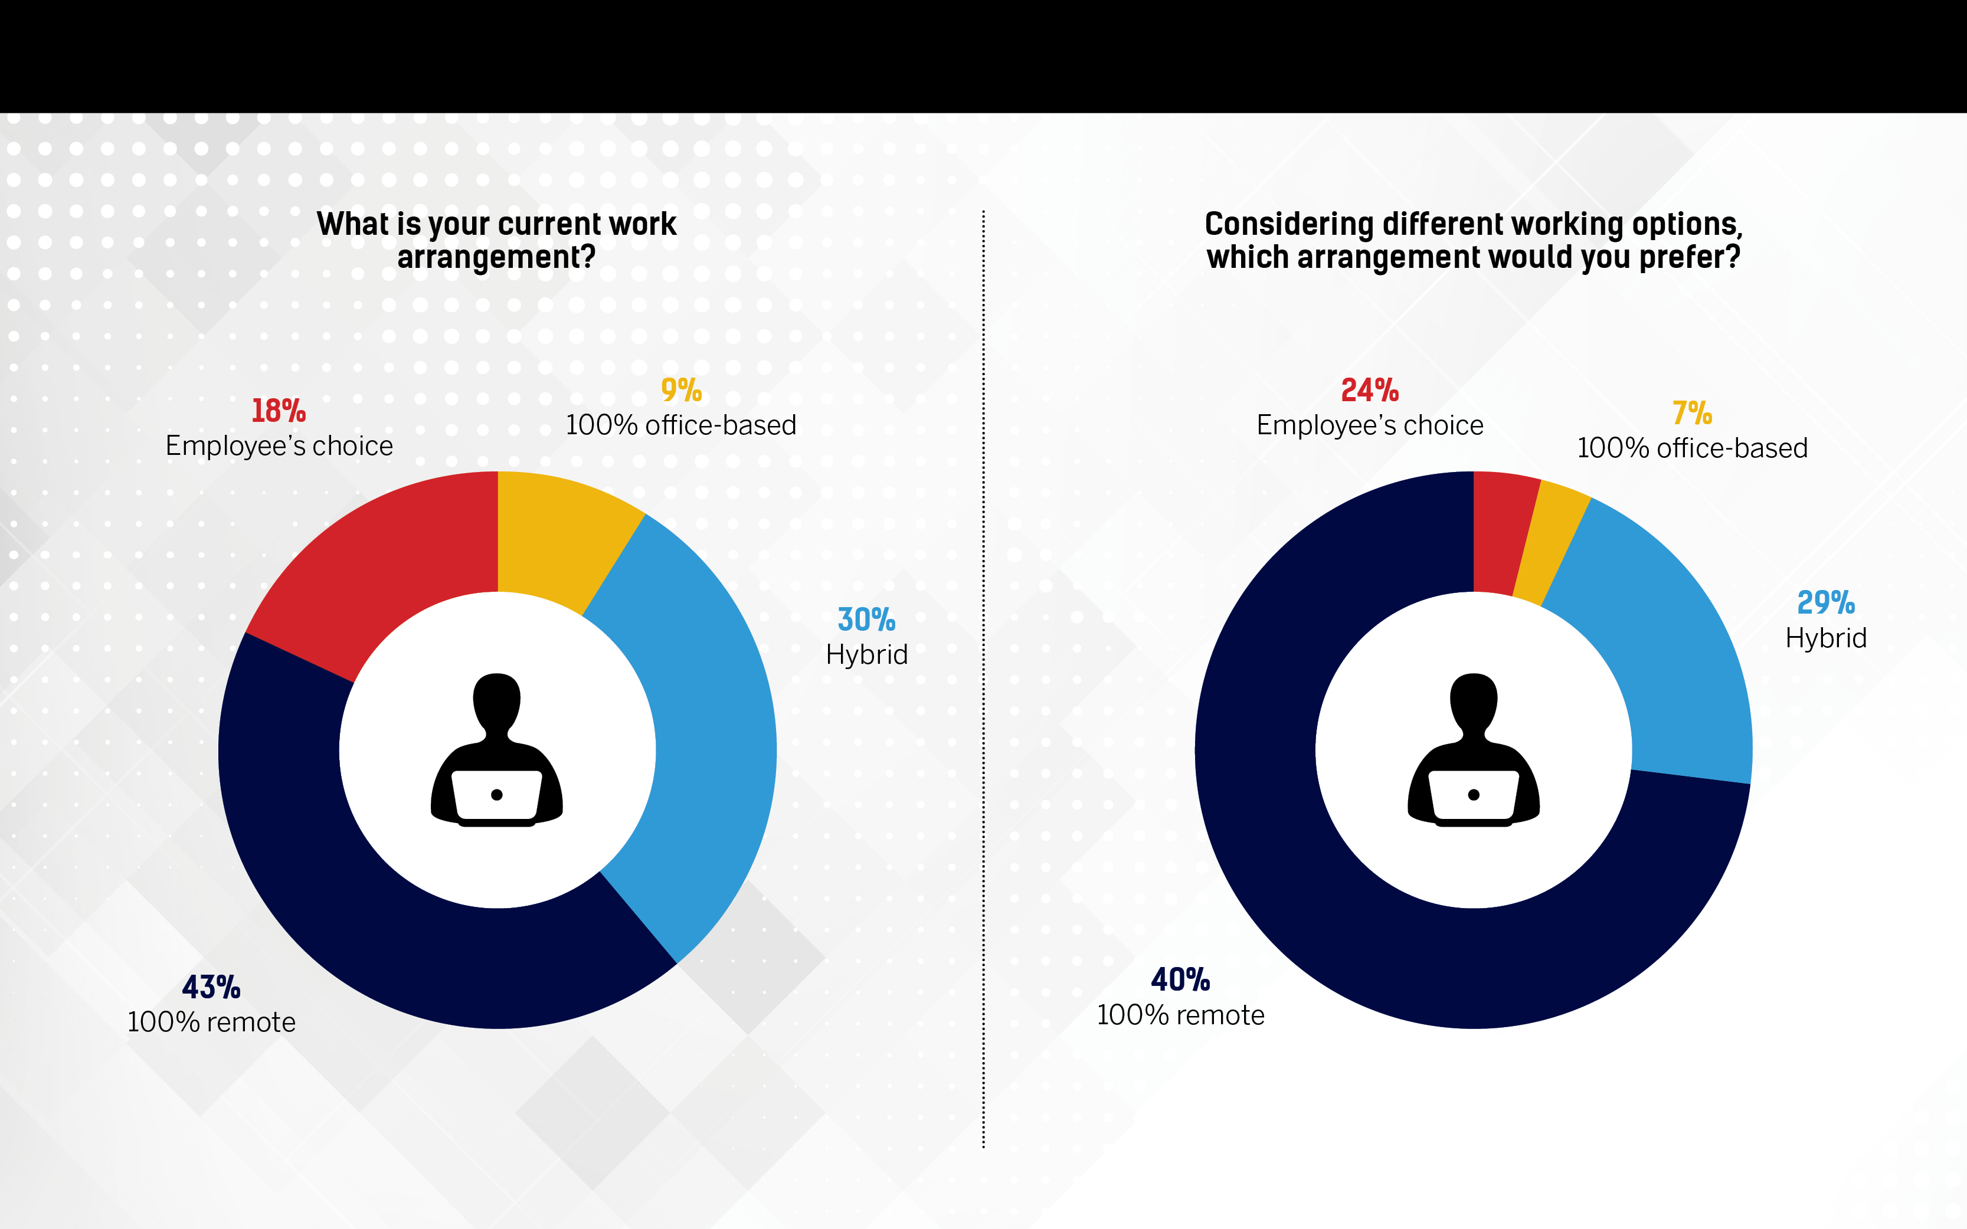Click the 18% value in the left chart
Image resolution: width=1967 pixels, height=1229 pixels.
[x=278, y=411]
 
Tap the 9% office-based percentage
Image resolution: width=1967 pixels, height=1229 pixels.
[x=681, y=391]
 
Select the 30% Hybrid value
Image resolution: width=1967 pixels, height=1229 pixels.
[x=866, y=620]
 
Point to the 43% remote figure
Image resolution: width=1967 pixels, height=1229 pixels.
[x=211, y=988]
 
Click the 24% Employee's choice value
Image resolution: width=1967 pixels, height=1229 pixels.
[x=1370, y=391]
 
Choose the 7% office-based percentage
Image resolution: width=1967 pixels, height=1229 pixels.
[x=1692, y=414]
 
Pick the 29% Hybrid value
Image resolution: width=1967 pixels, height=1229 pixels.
[x=1825, y=603]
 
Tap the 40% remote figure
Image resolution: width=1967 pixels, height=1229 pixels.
[x=1180, y=980]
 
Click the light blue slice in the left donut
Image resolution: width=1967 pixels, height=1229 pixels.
[x=699, y=732]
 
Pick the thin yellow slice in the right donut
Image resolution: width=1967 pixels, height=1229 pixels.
[x=1549, y=545]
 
